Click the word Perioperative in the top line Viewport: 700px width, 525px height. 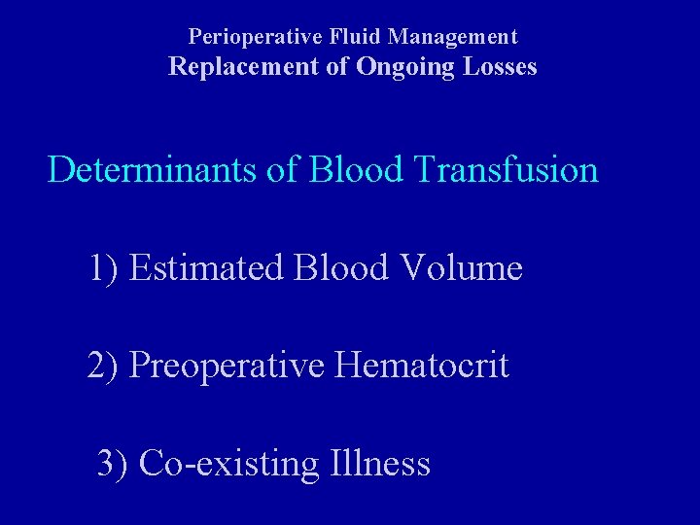tap(248, 37)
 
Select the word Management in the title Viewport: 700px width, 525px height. tap(453, 37)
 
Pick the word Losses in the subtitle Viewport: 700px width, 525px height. tap(501, 67)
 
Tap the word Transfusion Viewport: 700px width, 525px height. tap(506, 170)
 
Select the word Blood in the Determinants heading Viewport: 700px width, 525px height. tap(356, 170)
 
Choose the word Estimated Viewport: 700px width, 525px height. tap(205, 267)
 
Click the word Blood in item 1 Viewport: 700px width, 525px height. tap(336, 267)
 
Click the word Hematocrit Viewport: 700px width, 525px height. tap(422, 367)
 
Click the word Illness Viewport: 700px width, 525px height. tap(380, 463)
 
